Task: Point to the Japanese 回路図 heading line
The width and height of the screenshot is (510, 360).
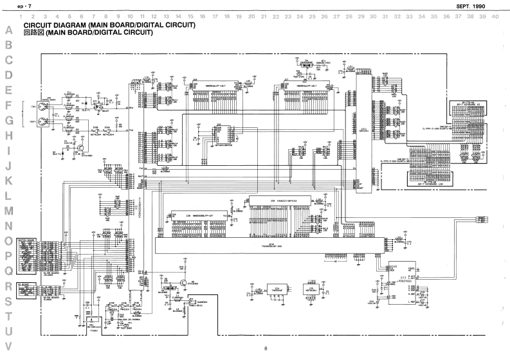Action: click(87, 32)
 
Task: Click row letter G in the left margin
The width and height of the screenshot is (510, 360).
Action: click(9, 120)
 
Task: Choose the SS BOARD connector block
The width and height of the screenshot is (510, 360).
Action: click(27, 291)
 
